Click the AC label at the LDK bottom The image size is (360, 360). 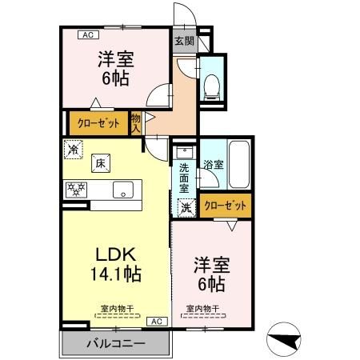158,321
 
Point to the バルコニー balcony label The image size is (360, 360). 116,344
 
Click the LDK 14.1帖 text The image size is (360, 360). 118,264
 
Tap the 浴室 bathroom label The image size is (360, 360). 213,164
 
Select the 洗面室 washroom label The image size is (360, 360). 184,174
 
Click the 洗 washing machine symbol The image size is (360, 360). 185,206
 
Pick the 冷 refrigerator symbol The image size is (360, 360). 74,149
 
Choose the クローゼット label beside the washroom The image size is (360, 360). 225,206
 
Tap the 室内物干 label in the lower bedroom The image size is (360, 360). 202,308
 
